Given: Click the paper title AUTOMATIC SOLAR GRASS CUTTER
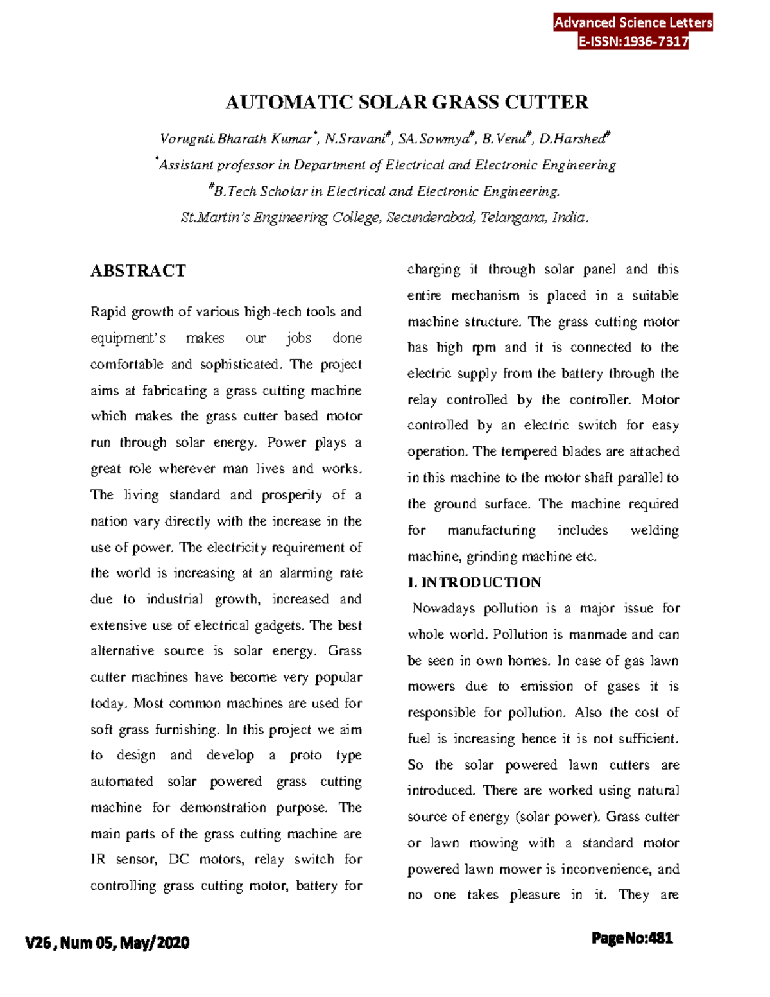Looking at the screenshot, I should click(x=407, y=103).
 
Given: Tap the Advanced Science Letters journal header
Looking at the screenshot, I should click(x=633, y=22).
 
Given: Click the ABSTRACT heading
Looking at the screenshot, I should click(x=138, y=271).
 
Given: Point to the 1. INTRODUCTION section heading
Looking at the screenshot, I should click(x=474, y=583).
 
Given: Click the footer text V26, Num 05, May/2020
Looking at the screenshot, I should click(x=107, y=942).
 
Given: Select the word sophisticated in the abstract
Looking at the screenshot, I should click(x=240, y=365).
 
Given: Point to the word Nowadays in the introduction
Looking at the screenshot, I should click(x=443, y=609).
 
